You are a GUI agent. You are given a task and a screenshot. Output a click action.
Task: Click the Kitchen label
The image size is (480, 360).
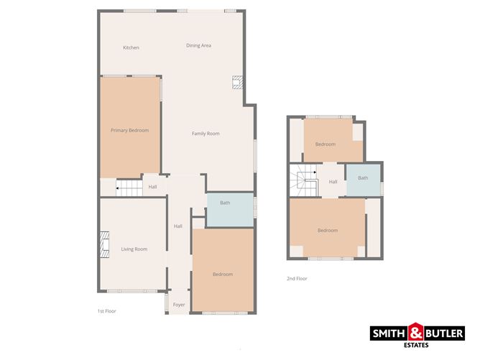click(x=131, y=48)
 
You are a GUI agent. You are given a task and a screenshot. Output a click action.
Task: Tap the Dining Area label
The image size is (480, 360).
click(x=198, y=46)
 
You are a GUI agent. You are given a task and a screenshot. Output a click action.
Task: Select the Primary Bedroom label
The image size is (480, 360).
click(x=129, y=130)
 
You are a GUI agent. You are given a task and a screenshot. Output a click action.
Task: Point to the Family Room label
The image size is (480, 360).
click(x=206, y=134)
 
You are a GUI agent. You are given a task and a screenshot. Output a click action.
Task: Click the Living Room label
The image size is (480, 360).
click(x=134, y=249)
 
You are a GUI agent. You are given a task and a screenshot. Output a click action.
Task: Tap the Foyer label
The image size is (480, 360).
click(x=179, y=305)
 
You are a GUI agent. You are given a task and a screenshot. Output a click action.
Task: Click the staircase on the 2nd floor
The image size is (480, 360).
click(x=306, y=180)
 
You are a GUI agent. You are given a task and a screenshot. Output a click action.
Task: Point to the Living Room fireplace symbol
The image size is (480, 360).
click(x=104, y=244)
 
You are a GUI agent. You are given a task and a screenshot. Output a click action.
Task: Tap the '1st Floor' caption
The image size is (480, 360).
click(x=106, y=311)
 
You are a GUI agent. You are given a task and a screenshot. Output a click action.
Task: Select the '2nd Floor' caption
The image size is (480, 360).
click(x=297, y=278)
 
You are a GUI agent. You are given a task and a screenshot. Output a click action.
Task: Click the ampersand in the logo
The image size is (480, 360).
click(x=417, y=332)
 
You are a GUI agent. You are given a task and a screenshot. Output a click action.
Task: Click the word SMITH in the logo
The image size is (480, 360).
click(x=389, y=333)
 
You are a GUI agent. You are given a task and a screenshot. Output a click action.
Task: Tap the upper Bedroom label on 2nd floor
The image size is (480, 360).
click(x=325, y=144)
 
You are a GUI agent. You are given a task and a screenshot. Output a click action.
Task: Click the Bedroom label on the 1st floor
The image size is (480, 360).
click(x=223, y=274)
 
